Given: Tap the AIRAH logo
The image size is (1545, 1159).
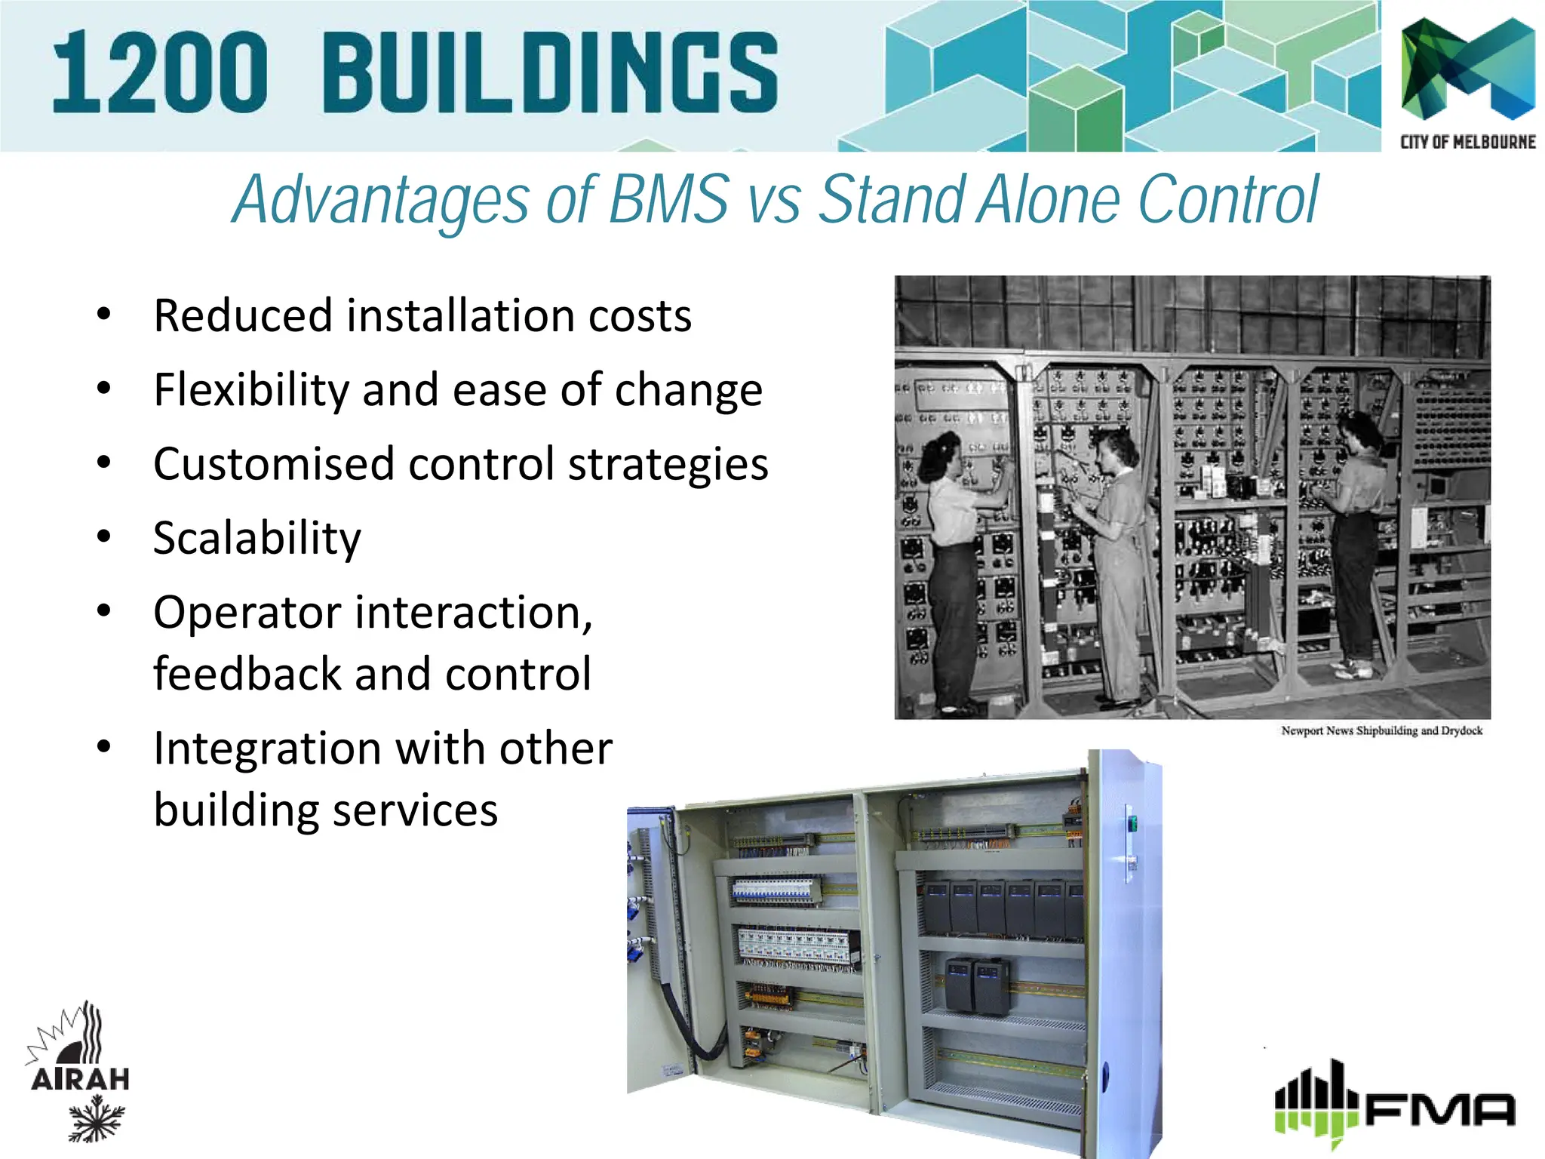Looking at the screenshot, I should (79, 1071).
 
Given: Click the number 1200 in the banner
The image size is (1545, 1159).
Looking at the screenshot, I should (160, 74).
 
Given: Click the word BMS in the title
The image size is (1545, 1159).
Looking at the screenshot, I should (668, 199).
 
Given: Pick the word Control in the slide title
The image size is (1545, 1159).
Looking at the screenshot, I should (1227, 199).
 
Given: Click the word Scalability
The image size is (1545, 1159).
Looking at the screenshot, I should (257, 538).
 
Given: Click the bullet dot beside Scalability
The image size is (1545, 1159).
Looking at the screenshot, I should (104, 536).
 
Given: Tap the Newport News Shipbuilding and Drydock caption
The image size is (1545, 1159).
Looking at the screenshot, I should (1381, 730).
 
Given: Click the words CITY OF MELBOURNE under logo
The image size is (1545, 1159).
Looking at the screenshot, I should (1467, 142).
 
